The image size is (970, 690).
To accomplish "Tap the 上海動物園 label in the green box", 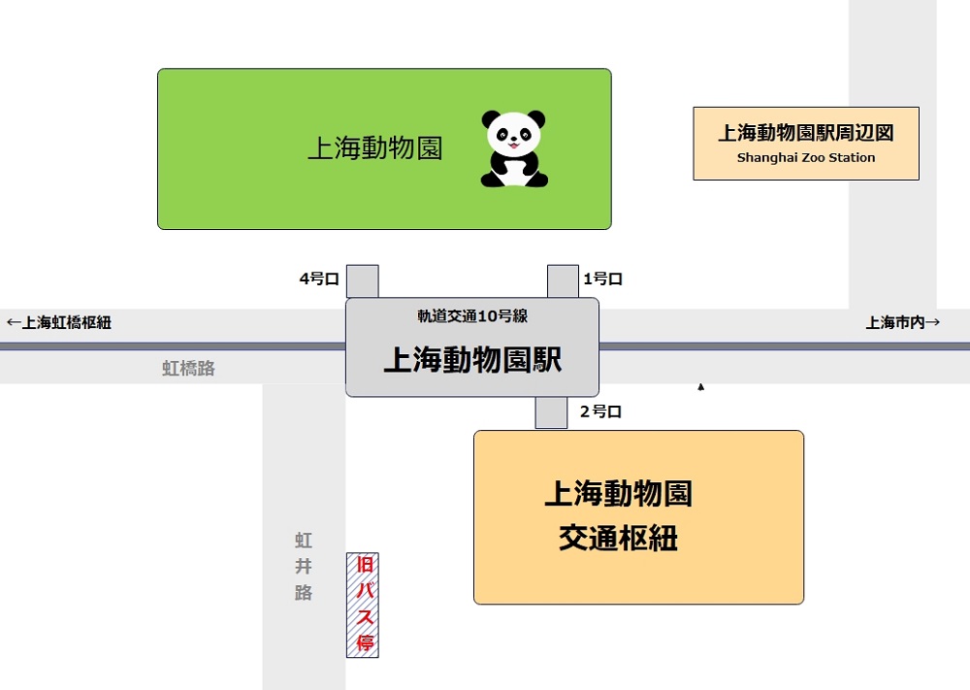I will click(375, 148).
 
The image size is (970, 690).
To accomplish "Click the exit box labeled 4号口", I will click(363, 281).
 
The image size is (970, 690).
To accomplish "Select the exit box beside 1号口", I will click(563, 281).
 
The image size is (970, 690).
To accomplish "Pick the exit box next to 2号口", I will click(551, 412).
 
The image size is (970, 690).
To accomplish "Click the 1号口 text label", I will click(602, 279).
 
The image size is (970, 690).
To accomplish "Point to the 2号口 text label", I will click(600, 411).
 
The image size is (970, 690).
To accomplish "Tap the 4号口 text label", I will click(319, 279).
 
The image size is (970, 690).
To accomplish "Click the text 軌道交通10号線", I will click(472, 315).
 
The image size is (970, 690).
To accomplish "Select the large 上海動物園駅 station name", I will click(472, 360).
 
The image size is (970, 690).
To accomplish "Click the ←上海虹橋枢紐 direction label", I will click(59, 322).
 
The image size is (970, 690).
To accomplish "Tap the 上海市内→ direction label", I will click(903, 322).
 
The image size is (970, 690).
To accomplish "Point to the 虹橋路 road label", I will click(188, 369).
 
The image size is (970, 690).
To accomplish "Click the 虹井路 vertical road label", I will click(304, 566).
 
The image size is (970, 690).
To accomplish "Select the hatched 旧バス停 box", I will click(363, 606).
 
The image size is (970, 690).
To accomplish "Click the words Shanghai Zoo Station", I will click(806, 157).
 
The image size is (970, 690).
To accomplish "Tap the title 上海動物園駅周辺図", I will click(806, 134).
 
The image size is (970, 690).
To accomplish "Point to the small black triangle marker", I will click(700, 387).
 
